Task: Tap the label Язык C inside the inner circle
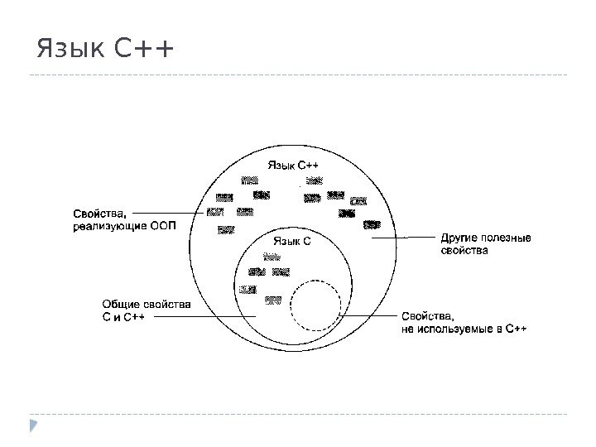pos(291,242)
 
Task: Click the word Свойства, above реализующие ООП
pos(96,211)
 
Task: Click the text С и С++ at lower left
pos(123,315)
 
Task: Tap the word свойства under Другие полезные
pos(463,249)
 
